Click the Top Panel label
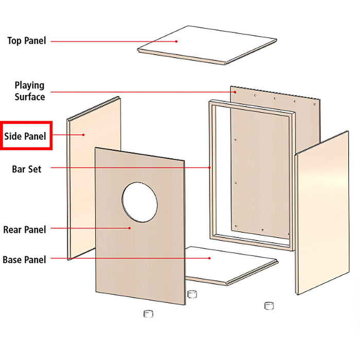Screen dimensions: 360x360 26,40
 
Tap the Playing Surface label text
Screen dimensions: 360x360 29,91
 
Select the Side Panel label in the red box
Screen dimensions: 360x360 25,136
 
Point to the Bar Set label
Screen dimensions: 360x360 26,168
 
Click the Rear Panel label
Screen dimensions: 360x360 24,229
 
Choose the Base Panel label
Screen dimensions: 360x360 24,260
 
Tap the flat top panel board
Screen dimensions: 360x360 206,44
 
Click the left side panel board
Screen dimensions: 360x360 93,175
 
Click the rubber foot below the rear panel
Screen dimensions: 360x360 148,313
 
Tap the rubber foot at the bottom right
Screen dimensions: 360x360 268,305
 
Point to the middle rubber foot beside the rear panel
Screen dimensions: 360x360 192,294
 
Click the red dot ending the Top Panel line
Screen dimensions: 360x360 176,41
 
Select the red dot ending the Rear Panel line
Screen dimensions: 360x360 130,228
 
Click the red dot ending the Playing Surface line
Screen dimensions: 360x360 235,93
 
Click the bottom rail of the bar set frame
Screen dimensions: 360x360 252,242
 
